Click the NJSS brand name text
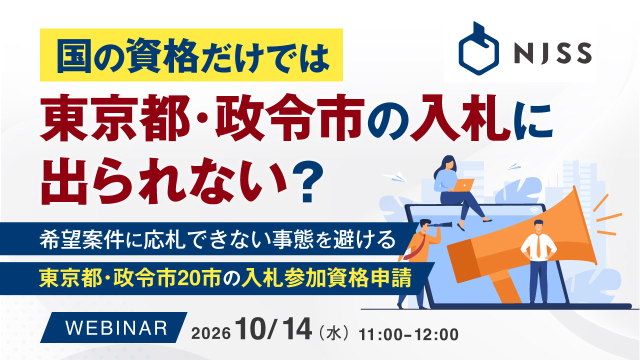553,53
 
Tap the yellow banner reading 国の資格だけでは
191,55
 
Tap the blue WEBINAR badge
113,327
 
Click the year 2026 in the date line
211,333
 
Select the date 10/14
273,329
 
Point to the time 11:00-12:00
408,334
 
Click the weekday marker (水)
334,333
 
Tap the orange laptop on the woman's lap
463,185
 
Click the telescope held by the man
439,225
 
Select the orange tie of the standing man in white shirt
538,245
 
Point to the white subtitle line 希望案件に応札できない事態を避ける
217,239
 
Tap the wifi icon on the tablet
533,210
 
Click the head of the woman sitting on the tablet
447,163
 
